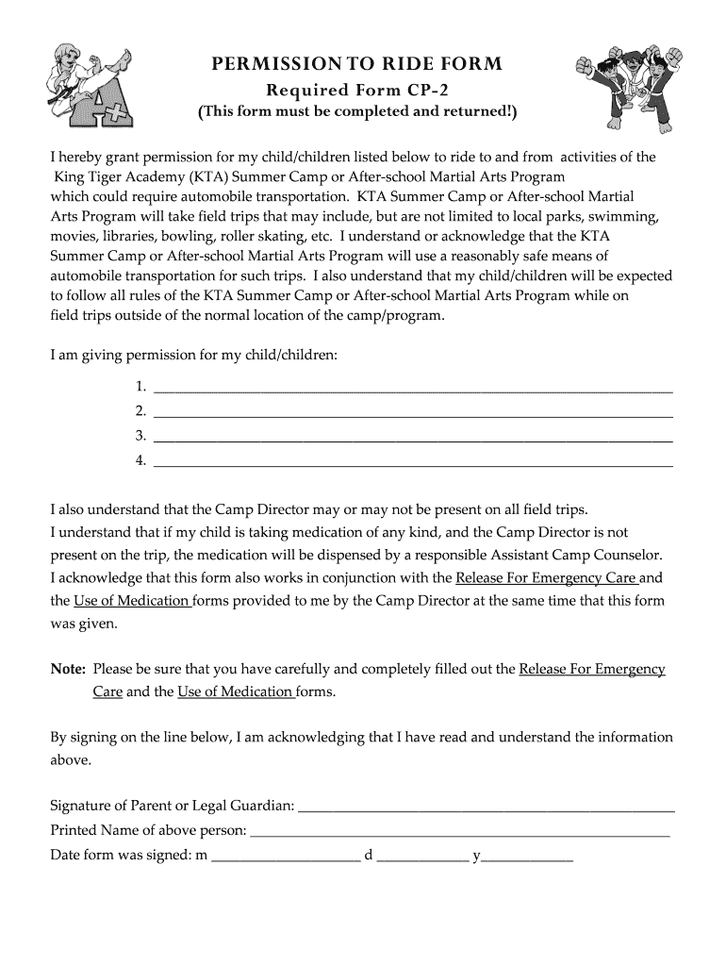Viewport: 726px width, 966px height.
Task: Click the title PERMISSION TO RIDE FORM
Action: (x=356, y=64)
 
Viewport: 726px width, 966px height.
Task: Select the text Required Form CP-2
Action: (x=356, y=91)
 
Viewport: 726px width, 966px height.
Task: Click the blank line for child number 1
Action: (x=412, y=387)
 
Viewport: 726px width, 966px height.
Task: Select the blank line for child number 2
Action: (x=412, y=411)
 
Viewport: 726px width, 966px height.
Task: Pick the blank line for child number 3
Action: (x=412, y=436)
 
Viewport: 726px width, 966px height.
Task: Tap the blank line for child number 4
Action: (x=412, y=461)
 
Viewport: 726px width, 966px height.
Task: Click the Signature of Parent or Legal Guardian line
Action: (x=486, y=807)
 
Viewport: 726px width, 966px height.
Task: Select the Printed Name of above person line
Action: (x=459, y=831)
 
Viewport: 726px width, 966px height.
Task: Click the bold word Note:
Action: (x=68, y=670)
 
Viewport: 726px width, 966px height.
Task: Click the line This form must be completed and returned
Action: (x=356, y=113)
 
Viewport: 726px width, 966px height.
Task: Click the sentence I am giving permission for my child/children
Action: (x=193, y=355)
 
